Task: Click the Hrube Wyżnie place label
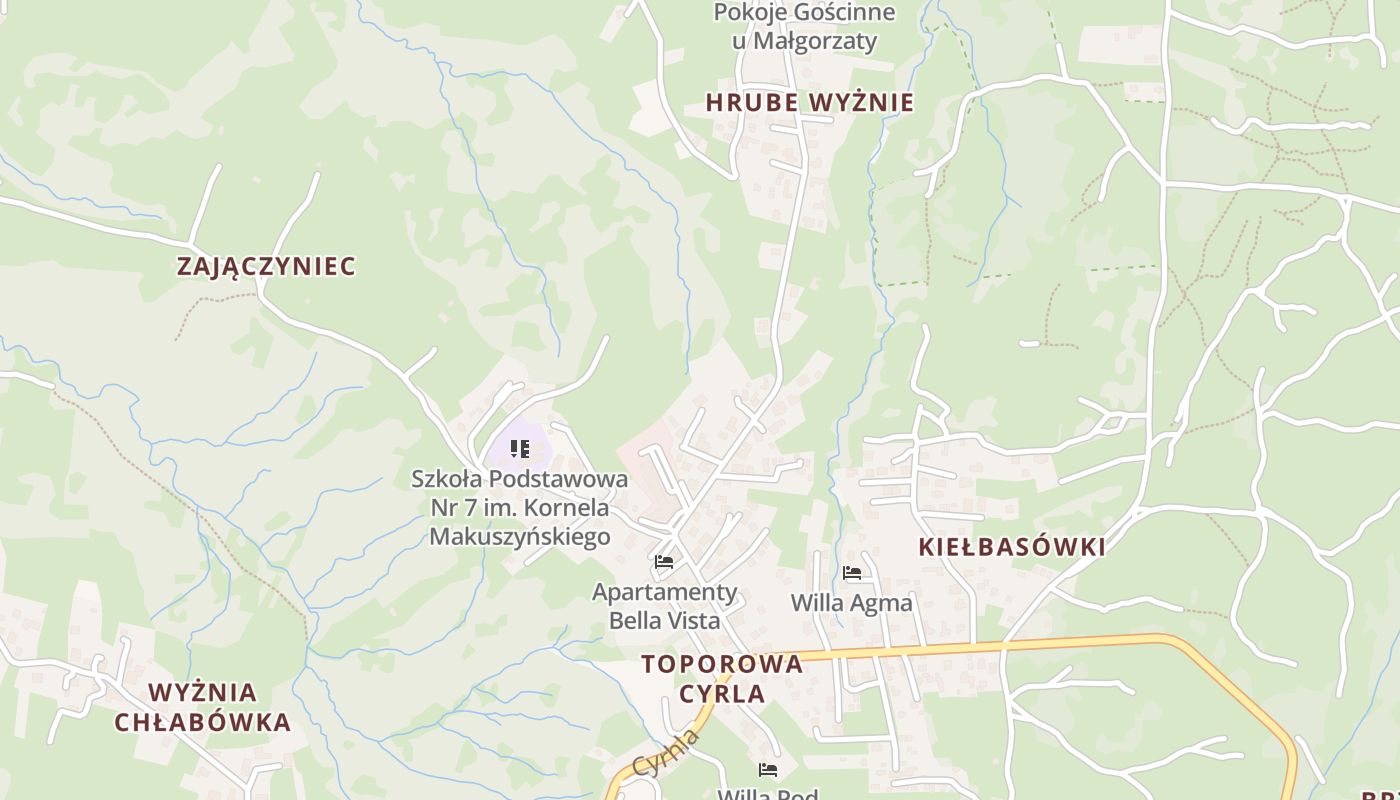click(809, 102)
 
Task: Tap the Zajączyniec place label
click(266, 266)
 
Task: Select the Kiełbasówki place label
click(1011, 547)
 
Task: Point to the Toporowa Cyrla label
click(721, 678)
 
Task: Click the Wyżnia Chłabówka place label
click(203, 707)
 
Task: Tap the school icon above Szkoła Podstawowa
click(519, 449)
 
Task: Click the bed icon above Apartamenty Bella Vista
click(664, 562)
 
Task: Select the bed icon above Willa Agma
click(852, 573)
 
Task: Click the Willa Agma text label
click(851, 603)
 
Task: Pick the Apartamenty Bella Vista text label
click(664, 606)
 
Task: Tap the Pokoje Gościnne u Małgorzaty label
click(804, 27)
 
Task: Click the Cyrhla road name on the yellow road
click(665, 755)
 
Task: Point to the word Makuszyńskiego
click(519, 536)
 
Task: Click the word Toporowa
click(721, 664)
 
